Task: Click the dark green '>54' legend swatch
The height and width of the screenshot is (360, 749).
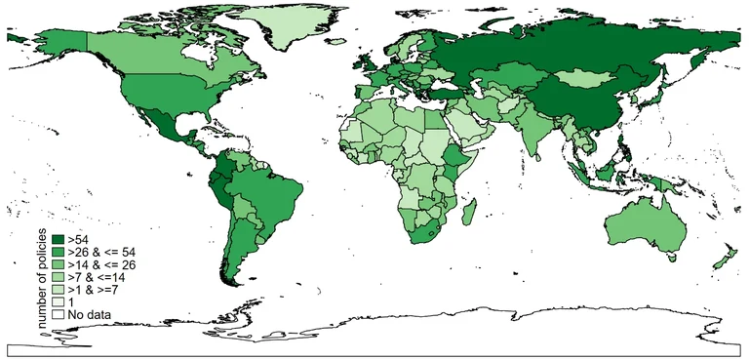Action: [x=59, y=238]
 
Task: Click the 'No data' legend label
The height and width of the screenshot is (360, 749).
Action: [x=91, y=315]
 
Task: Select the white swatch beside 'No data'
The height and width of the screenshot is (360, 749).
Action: [x=59, y=315]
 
